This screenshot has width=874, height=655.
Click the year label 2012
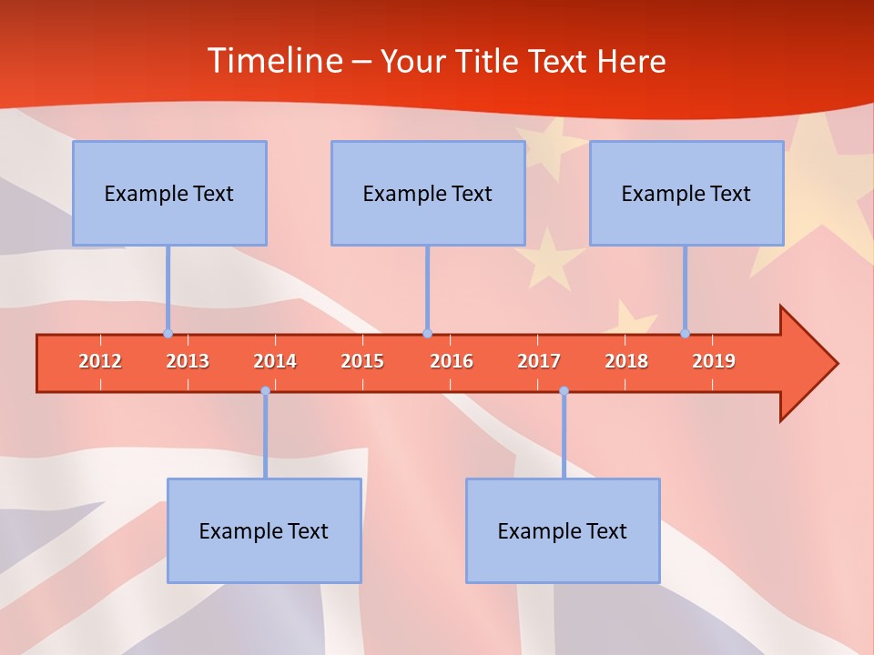pyautogui.click(x=100, y=361)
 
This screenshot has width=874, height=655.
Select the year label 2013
pyautogui.click(x=188, y=361)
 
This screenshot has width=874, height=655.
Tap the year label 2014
pyautogui.click(x=275, y=361)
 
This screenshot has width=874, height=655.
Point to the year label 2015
pyautogui.click(x=362, y=361)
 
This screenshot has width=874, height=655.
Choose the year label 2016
pyautogui.click(x=452, y=361)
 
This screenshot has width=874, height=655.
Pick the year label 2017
pyautogui.click(x=539, y=361)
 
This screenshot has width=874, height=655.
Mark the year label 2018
pyautogui.click(x=626, y=361)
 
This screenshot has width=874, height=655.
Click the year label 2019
pyautogui.click(x=714, y=361)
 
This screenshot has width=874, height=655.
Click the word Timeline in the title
pyautogui.click(x=273, y=61)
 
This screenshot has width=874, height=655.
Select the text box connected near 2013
pyautogui.click(x=169, y=193)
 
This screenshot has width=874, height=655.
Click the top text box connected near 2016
pyautogui.click(x=428, y=193)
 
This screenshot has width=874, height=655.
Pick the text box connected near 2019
pyautogui.click(x=686, y=193)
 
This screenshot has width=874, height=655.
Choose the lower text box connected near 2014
pyautogui.click(x=264, y=530)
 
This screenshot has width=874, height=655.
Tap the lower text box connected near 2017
pyautogui.click(x=563, y=530)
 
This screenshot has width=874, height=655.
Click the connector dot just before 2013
pyautogui.click(x=168, y=333)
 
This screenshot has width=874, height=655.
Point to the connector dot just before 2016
pyautogui.click(x=427, y=333)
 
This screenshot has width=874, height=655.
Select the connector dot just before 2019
pyautogui.click(x=685, y=333)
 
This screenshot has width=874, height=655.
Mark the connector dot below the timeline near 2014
pyautogui.click(x=265, y=391)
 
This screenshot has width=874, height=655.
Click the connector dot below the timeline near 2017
pyautogui.click(x=564, y=391)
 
